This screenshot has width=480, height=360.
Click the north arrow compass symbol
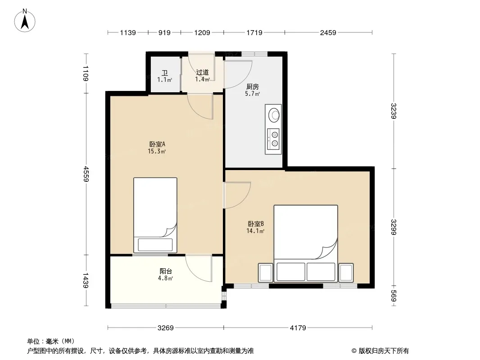pos(25,21)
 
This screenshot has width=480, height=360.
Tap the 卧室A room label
pos(157,144)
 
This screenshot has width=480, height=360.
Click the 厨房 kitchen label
pos(253,87)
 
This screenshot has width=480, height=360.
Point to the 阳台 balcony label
pos(166,271)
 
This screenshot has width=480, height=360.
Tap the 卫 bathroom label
pos(165,73)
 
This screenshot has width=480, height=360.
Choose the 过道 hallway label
pos(202,72)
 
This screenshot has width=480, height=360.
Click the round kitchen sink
pos(274,115)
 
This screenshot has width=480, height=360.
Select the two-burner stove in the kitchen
pos(273,139)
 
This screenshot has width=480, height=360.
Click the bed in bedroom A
pos(155,216)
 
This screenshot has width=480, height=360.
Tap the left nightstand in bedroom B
pos(265,273)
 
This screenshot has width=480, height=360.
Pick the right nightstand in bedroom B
pos(346,273)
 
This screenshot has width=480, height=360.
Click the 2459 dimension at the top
pos(328,32)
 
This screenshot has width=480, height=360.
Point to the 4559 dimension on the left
pos(86,174)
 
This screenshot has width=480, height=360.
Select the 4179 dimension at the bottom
pos(298,328)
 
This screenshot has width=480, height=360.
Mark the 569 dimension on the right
pos(394,296)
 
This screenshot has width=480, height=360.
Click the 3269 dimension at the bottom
pos(166,328)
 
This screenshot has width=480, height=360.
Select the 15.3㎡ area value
pos(157,151)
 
